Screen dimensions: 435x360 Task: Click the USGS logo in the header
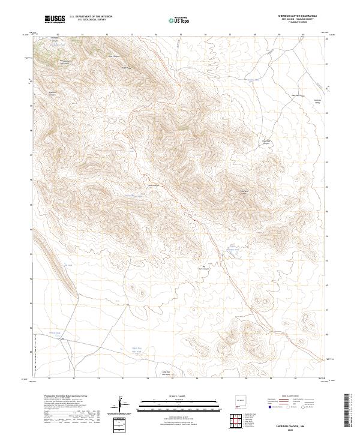55,19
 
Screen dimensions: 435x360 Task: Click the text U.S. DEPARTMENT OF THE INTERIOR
91,17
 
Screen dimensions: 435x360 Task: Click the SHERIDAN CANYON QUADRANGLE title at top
297,16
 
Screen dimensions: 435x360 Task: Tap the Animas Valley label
318,101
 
